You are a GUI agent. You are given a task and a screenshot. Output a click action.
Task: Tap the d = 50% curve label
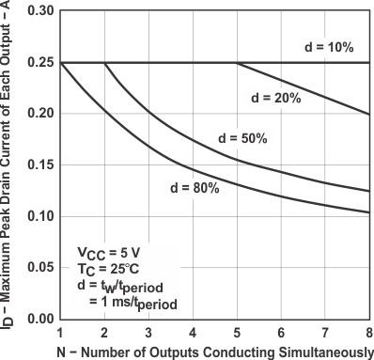pyautogui.click(x=242, y=138)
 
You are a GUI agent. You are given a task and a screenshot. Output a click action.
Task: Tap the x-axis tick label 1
pyautogui.click(x=60, y=331)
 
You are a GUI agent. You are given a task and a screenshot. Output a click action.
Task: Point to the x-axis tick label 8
pyautogui.click(x=368, y=331)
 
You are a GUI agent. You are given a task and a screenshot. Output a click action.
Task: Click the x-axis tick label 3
pyautogui.click(x=148, y=331)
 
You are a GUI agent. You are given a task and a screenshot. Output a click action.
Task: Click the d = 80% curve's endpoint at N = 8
pyautogui.click(x=368, y=212)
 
